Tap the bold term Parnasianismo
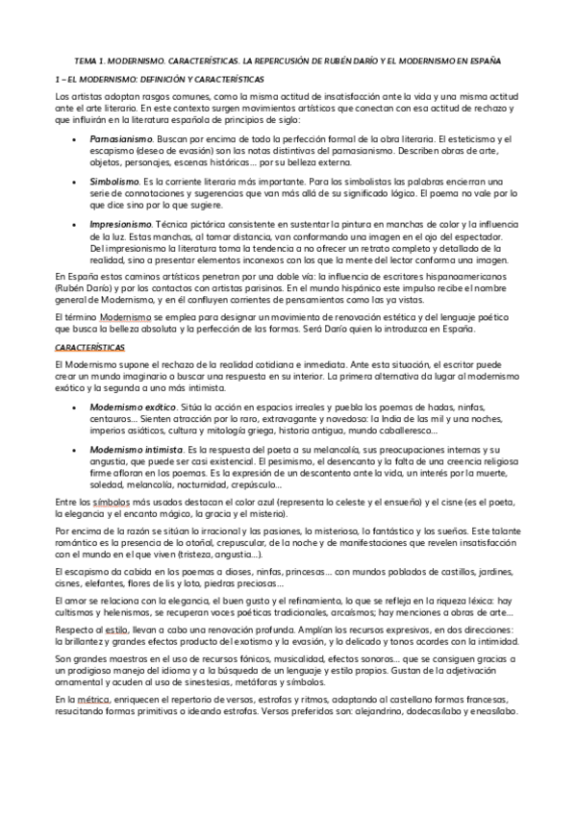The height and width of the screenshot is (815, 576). tap(121, 139)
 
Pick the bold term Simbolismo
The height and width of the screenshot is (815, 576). tap(114, 181)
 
